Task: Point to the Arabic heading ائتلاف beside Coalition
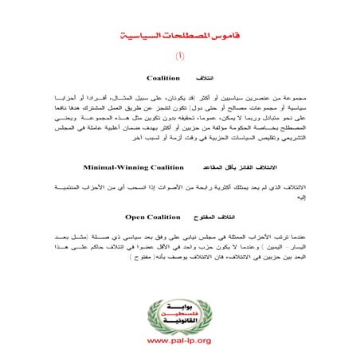pos(206,79)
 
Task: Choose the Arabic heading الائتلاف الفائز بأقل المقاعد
pos(239,169)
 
